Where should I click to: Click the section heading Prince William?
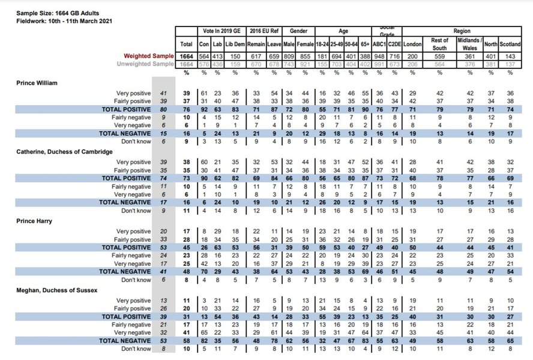coord(37,82)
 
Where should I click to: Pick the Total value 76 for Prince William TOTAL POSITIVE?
coord(186,110)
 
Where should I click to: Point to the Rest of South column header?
coord(440,43)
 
